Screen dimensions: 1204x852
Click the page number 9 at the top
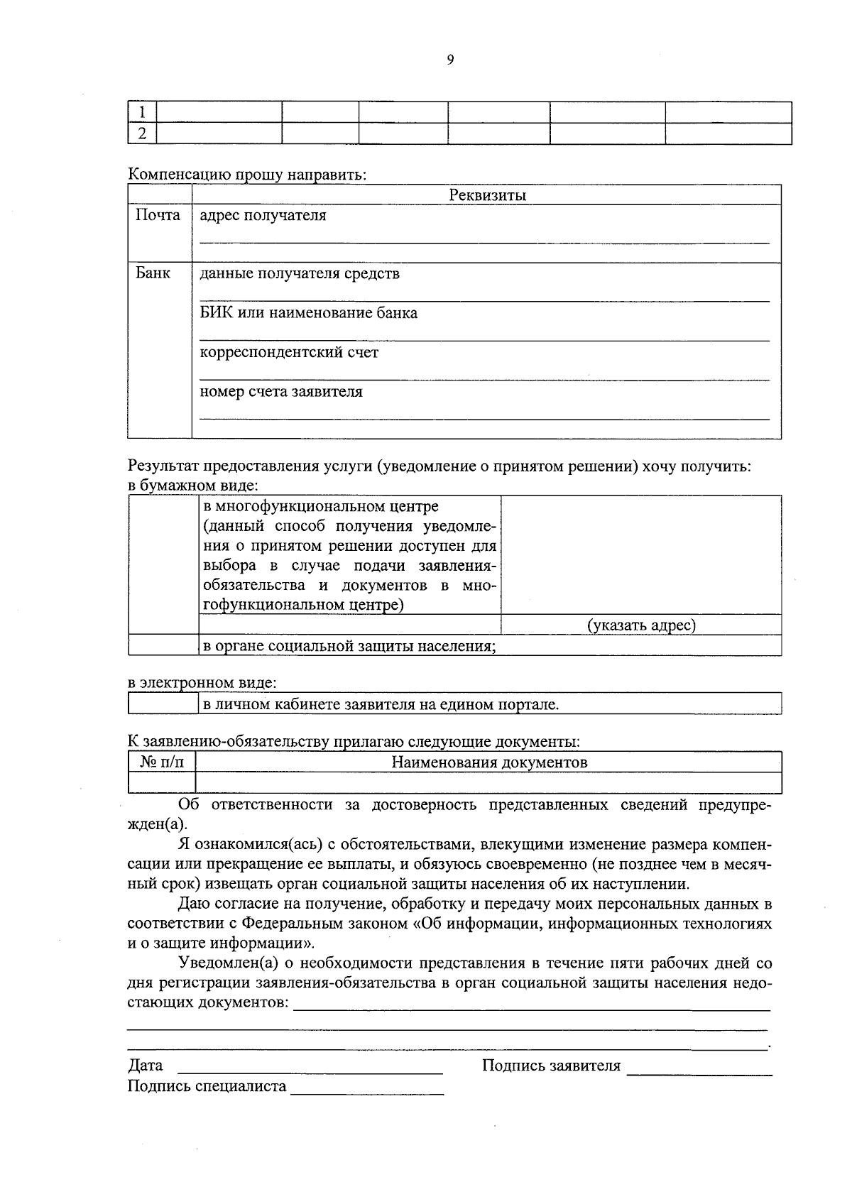(x=450, y=60)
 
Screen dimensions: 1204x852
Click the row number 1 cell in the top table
(x=142, y=112)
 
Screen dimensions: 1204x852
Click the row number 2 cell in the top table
(x=142, y=133)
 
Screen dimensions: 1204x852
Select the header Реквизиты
(x=487, y=195)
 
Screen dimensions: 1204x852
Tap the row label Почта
(x=158, y=215)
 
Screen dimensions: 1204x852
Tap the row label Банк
(x=153, y=273)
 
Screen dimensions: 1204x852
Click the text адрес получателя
(x=263, y=215)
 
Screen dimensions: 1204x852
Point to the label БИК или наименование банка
(x=308, y=313)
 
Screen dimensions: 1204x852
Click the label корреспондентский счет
(x=289, y=352)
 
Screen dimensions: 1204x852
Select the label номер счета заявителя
(x=281, y=392)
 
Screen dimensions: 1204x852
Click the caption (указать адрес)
(x=641, y=625)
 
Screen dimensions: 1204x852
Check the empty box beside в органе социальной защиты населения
(x=163, y=646)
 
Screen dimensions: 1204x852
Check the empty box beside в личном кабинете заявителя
(x=163, y=704)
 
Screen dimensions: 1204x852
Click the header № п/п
(x=162, y=762)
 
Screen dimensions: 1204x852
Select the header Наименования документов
(x=489, y=762)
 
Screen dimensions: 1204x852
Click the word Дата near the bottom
(x=145, y=1066)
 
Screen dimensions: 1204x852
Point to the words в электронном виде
(x=202, y=683)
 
